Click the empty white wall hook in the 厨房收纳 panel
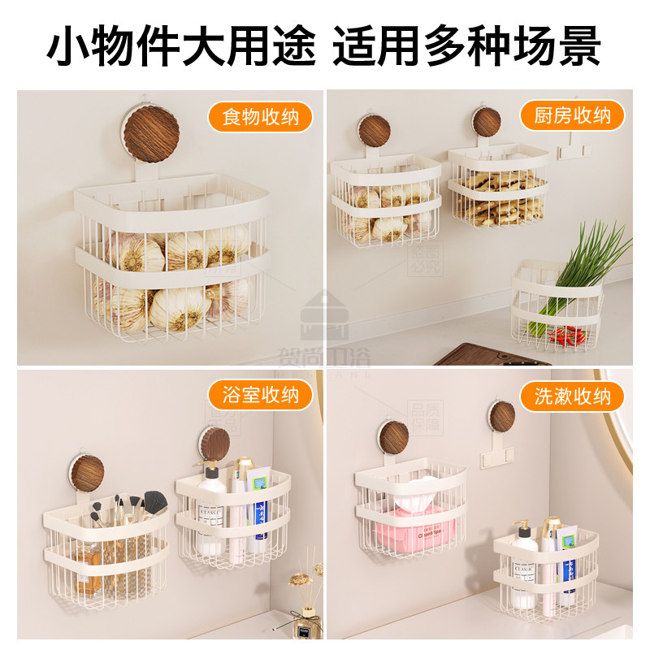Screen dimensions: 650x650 [x=572, y=146]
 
